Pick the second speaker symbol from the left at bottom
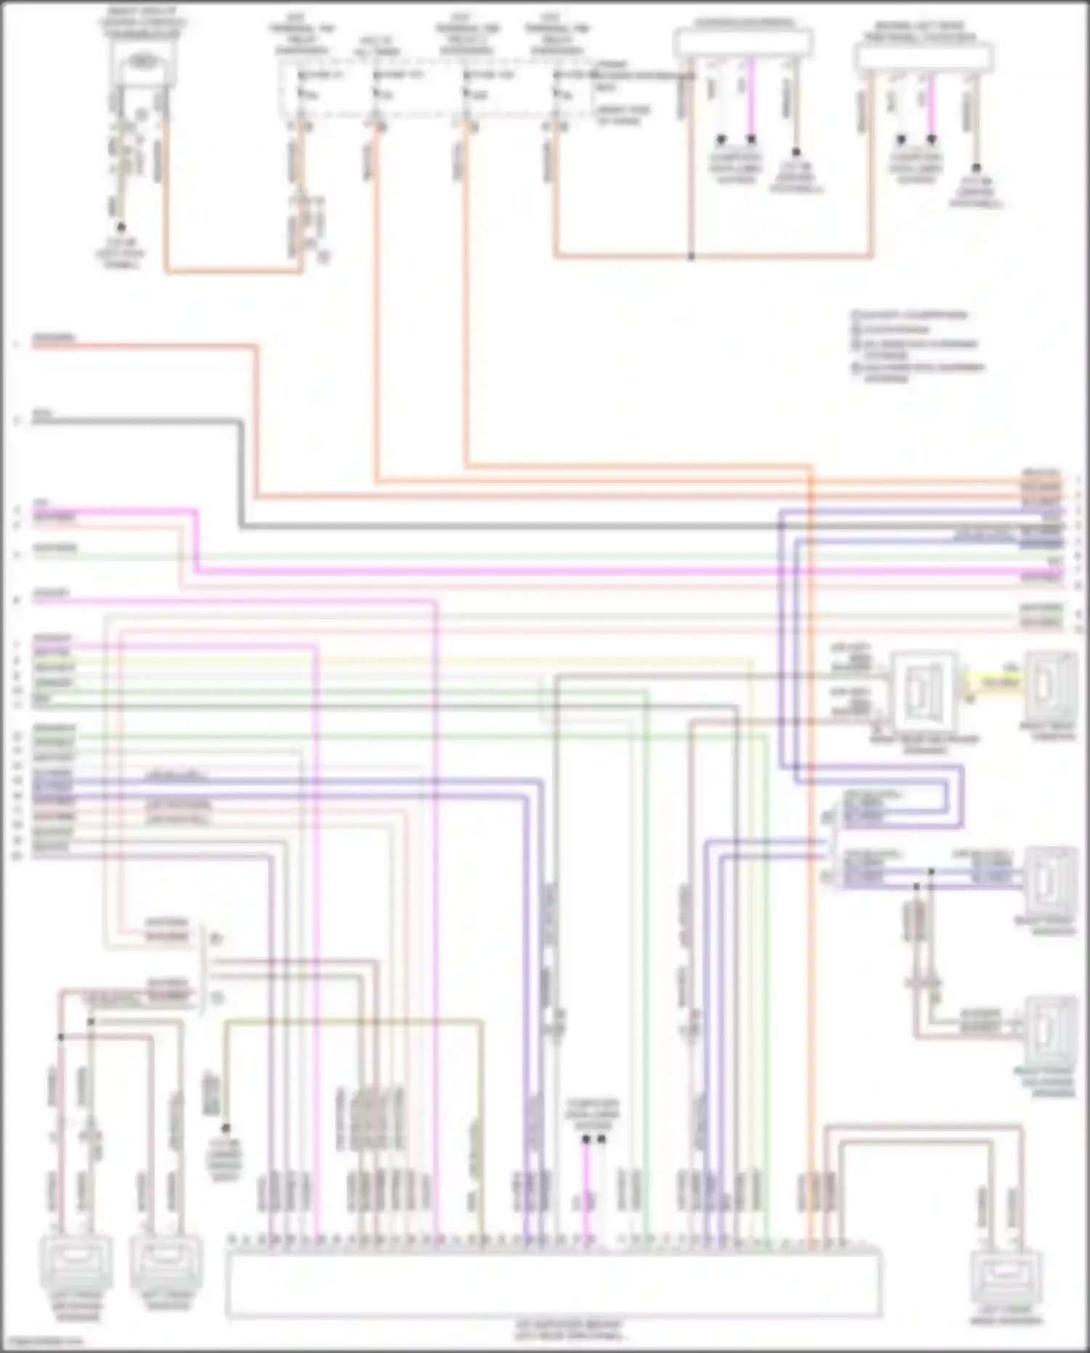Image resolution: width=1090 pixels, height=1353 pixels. click(x=164, y=1266)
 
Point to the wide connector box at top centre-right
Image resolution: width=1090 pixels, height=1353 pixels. click(x=743, y=42)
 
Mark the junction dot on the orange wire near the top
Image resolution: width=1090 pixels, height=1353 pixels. click(x=691, y=257)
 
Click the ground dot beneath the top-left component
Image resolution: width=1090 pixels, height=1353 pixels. click(x=121, y=227)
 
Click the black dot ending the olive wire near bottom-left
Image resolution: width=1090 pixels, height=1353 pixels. click(x=225, y=1129)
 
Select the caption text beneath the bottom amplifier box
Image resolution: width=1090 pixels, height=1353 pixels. click(x=570, y=1331)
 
